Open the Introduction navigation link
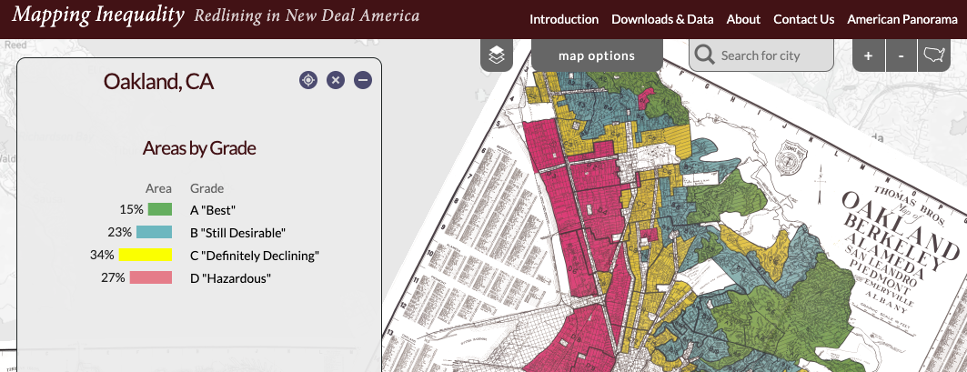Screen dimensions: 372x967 click(x=564, y=19)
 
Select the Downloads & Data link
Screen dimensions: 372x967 click(x=662, y=19)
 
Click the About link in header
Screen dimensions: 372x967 click(x=743, y=19)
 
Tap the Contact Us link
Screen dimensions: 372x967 click(x=803, y=19)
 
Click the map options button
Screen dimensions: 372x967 click(x=596, y=55)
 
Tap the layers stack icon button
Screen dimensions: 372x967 click(x=496, y=55)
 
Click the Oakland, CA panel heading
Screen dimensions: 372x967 click(x=158, y=82)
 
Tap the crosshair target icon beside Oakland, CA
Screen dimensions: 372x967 click(x=308, y=81)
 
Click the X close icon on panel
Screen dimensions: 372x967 click(x=336, y=81)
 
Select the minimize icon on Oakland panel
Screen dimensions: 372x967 click(x=363, y=81)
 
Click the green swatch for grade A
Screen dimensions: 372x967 click(x=160, y=210)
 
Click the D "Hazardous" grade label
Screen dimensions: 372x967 click(x=230, y=277)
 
